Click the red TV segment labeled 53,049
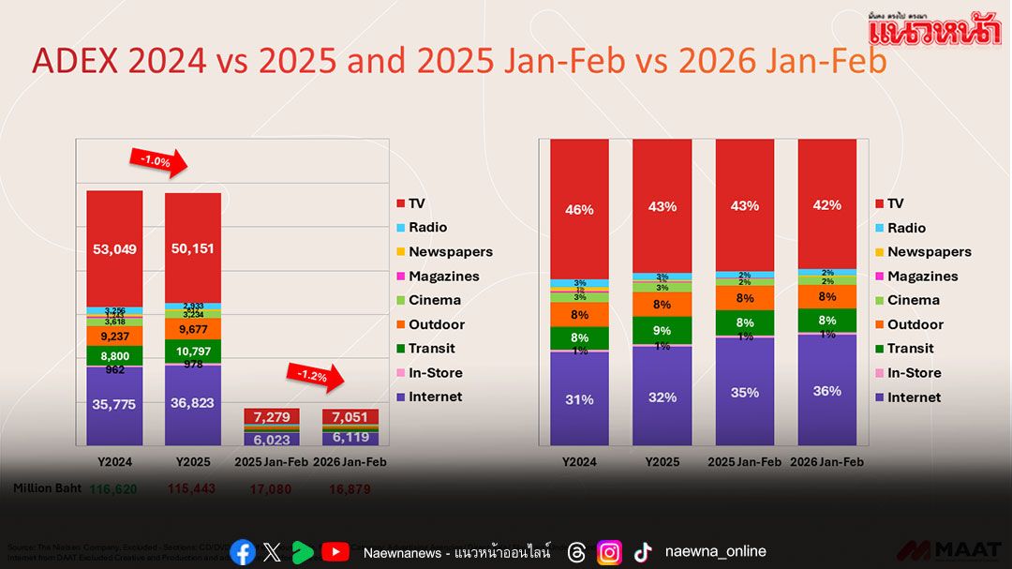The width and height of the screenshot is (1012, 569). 114,248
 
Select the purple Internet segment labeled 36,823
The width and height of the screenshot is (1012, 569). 193,404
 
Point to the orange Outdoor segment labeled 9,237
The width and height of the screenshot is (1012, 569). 114,335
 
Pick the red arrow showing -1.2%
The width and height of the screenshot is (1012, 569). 316,376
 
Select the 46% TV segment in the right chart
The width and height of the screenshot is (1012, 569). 579,209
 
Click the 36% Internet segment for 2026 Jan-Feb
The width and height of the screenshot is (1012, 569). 826,391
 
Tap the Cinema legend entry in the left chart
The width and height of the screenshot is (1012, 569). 434,300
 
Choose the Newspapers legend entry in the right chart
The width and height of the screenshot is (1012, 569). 929,251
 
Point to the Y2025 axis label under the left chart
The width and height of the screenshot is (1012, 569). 193,462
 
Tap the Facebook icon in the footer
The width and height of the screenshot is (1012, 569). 243,552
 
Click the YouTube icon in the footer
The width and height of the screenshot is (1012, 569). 335,552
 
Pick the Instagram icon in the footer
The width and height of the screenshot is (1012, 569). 609,552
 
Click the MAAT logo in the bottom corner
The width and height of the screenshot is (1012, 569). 949,551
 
